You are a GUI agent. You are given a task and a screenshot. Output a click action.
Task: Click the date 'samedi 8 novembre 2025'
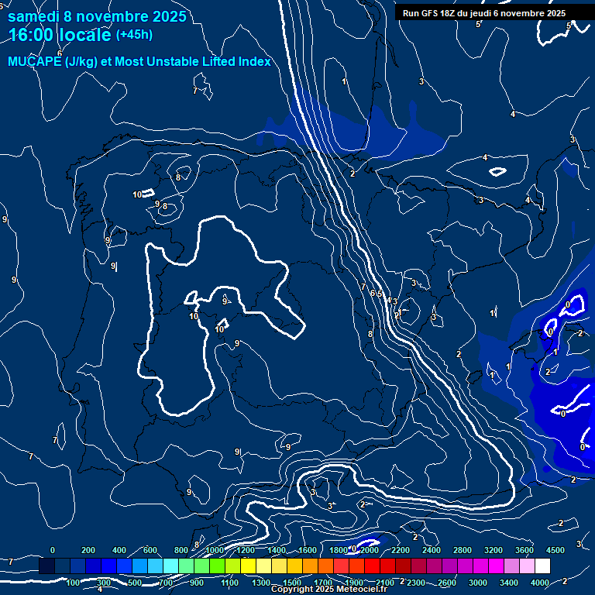pos(96,16)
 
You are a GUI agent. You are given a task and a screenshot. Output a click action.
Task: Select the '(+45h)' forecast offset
pos(134,35)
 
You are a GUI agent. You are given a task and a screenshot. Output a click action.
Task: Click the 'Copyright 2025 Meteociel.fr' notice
pos(328,590)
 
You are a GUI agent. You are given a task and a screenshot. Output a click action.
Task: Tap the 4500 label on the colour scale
pos(555,550)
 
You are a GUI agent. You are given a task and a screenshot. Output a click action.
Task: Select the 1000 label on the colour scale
pos(215,550)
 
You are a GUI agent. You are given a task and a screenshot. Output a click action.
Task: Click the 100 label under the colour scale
pos(74,583)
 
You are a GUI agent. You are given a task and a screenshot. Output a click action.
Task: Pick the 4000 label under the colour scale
pos(540,583)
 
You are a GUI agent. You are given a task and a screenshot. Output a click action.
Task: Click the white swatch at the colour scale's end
pos(557,566)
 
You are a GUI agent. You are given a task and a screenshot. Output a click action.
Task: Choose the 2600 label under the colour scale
pos(447,583)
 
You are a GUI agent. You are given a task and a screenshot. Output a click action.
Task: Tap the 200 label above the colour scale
pos(88,550)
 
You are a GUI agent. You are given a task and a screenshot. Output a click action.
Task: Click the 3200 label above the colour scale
pos(494,550)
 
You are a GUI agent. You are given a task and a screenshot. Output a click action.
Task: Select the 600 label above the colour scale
pos(150,550)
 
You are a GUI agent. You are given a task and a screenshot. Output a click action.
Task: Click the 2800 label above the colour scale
pos(463,550)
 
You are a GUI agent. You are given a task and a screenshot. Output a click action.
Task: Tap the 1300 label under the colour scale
pos(261,583)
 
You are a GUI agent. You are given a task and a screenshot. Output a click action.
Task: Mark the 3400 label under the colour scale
pos(509,583)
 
